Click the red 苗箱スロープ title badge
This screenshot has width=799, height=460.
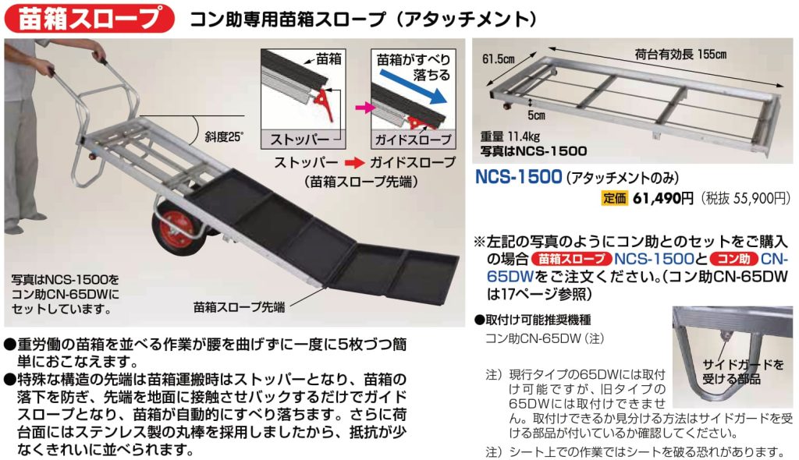tap(89, 19)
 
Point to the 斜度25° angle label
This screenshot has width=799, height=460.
tap(224, 137)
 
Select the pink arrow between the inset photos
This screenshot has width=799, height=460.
tap(363, 108)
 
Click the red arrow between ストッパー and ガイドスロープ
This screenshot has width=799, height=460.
tap(354, 163)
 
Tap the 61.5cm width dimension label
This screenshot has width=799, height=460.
tap(499, 59)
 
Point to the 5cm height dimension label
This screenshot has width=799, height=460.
tap(536, 115)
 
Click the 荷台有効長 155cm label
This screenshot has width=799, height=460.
tap(680, 55)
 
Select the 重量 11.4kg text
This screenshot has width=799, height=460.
tap(510, 136)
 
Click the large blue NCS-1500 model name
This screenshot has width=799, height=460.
tap(518, 177)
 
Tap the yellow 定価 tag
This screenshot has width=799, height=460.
tap(614, 198)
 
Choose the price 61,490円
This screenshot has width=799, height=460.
tap(663, 198)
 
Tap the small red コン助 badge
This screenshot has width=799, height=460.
tap(733, 259)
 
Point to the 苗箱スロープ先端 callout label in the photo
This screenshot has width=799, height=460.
tap(239, 307)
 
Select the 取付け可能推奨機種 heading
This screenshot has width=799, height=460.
tap(532, 320)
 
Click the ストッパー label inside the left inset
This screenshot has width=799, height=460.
tap(300, 139)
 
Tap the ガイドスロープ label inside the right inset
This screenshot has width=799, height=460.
tap(414, 139)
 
